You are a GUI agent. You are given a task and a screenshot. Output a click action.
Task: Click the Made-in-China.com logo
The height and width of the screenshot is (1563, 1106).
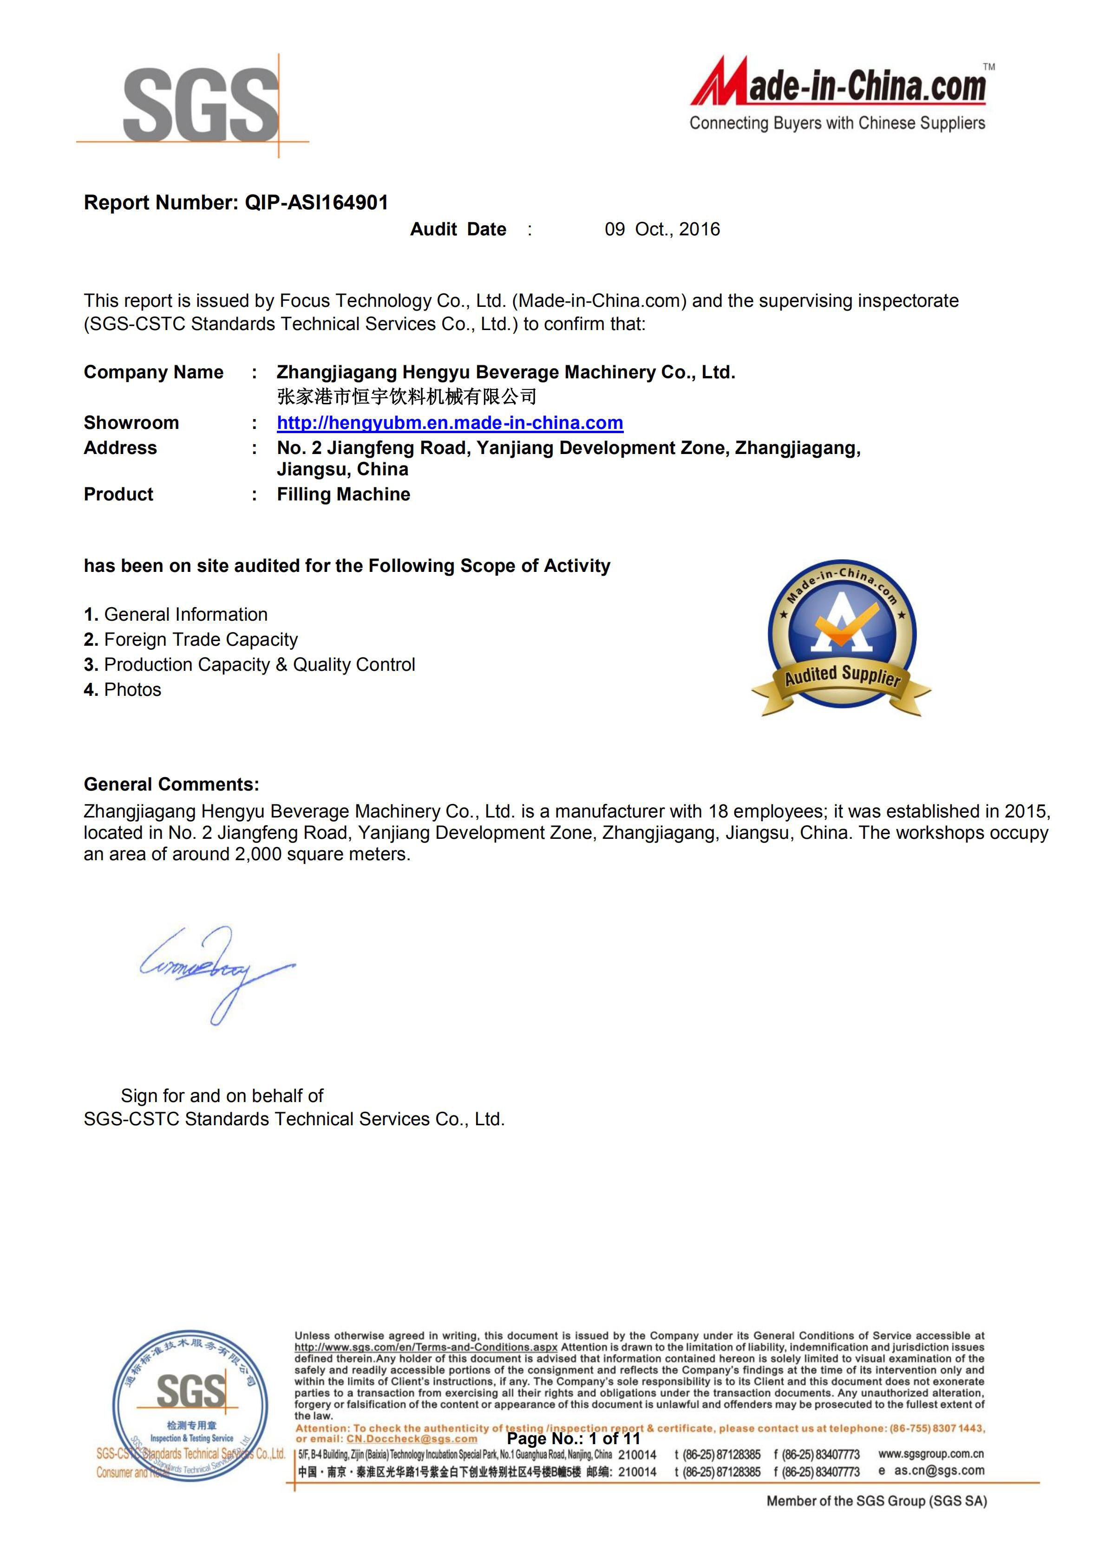coord(839,94)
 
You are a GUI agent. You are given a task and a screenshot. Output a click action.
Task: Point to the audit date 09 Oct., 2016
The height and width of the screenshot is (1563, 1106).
coord(662,229)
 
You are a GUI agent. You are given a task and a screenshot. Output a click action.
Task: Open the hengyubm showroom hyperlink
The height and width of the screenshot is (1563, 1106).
coord(450,423)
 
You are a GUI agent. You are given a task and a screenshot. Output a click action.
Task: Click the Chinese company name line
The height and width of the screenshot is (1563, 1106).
coord(406,397)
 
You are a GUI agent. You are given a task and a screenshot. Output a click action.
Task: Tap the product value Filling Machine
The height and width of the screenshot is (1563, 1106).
coord(343,494)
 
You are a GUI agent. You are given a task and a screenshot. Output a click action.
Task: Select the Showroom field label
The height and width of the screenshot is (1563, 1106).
coord(131,423)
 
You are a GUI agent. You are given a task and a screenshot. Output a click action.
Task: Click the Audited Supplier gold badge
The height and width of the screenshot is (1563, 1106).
coord(842,639)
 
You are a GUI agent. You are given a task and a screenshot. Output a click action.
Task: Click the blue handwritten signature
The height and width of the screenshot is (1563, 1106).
coord(216,970)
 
